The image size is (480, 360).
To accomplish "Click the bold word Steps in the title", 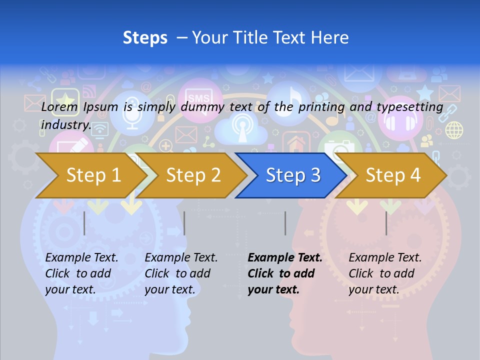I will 145,38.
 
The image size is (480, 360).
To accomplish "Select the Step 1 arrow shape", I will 90,175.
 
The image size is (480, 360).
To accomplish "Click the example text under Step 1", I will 81,273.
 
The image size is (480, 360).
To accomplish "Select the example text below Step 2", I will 181,273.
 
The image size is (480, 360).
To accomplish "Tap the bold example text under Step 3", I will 285,273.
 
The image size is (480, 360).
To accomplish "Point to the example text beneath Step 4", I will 385,273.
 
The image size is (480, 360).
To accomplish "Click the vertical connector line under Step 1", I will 84,223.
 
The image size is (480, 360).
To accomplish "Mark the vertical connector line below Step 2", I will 184,223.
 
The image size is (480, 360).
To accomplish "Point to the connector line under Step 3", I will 285,223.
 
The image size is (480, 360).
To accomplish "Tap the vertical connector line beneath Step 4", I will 386,223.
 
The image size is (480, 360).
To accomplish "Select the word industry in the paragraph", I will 65,125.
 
